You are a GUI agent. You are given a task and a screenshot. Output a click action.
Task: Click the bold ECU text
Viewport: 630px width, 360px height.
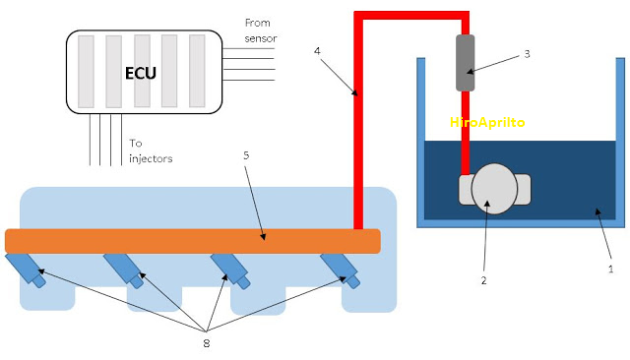pyautogui.click(x=140, y=73)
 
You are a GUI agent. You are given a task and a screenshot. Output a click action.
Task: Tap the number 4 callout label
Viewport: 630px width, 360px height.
pyautogui.click(x=317, y=51)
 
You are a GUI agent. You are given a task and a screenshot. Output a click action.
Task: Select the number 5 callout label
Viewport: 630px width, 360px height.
pyautogui.click(x=246, y=155)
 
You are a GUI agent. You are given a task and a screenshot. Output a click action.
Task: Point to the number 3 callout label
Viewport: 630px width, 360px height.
pyautogui.click(x=527, y=54)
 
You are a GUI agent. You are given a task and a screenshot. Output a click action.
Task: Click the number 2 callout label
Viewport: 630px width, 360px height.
pyautogui.click(x=483, y=280)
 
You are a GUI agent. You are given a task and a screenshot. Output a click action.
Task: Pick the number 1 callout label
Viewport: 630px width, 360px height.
pyautogui.click(x=610, y=269)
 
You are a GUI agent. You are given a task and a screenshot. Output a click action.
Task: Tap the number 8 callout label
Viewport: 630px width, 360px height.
pyautogui.click(x=206, y=343)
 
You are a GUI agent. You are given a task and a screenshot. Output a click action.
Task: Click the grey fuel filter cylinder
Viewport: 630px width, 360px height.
pyautogui.click(x=466, y=63)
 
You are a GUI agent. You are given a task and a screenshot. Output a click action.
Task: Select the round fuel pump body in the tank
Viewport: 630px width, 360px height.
pyautogui.click(x=494, y=189)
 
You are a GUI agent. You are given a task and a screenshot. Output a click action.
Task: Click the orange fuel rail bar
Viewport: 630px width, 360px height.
pyautogui.click(x=193, y=241)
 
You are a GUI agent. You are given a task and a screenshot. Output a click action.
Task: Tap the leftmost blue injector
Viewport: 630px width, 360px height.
pyautogui.click(x=26, y=270)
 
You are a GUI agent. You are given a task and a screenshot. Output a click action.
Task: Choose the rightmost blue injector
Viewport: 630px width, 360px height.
pyautogui.click(x=340, y=270)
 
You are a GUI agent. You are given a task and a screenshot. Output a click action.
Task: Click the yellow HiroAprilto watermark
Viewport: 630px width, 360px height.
pyautogui.click(x=487, y=122)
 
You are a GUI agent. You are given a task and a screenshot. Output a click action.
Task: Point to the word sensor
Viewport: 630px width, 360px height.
pyautogui.click(x=261, y=38)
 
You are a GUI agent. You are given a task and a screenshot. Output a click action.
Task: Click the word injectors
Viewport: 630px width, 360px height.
pyautogui.click(x=151, y=158)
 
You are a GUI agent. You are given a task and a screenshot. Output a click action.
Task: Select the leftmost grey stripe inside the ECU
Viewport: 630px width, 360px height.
pyautogui.click(x=86, y=72)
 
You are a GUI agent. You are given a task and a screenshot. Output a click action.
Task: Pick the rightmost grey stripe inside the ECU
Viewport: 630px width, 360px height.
pyautogui.click(x=197, y=71)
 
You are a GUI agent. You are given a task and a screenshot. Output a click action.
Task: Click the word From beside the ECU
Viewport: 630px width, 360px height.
pyautogui.click(x=258, y=23)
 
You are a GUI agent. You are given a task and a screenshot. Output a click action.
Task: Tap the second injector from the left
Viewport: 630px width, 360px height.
pyautogui.click(x=124, y=270)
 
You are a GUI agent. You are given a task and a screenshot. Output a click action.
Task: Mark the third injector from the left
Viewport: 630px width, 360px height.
pyautogui.click(x=230, y=270)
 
